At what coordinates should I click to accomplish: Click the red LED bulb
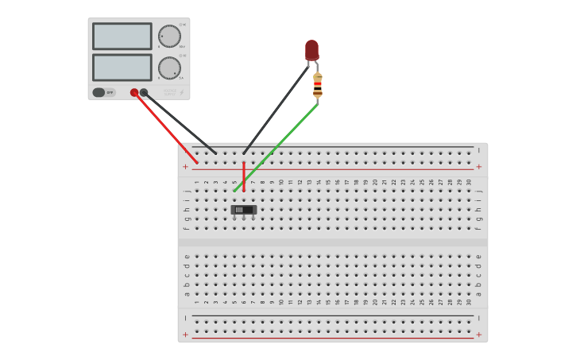click(311, 50)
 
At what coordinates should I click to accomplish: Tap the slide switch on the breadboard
click(243, 210)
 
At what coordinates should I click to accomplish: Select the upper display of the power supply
click(122, 37)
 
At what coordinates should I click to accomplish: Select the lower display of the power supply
click(122, 68)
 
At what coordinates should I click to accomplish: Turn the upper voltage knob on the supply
click(169, 36)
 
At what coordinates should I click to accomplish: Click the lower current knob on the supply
click(169, 68)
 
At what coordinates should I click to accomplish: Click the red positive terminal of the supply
click(134, 92)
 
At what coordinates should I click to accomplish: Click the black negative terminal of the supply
click(144, 92)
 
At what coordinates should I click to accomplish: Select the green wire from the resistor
click(278, 146)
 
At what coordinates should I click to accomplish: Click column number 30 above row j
click(469, 182)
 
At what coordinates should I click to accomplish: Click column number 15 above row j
click(328, 182)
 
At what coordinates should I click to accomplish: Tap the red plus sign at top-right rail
click(478, 167)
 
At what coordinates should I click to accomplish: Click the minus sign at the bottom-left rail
click(186, 318)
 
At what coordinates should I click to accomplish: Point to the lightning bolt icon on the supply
click(181, 92)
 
